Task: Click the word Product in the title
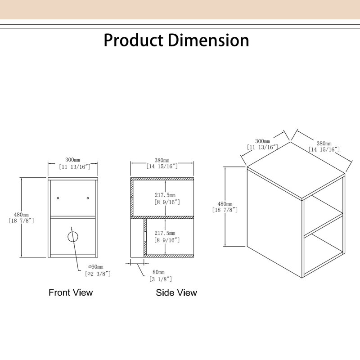click(x=133, y=40)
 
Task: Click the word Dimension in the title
click(x=209, y=40)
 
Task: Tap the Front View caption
click(x=71, y=292)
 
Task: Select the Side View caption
click(x=176, y=293)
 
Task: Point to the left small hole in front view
click(x=58, y=198)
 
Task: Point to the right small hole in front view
click(x=88, y=198)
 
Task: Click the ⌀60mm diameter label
click(x=96, y=267)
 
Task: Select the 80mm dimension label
click(x=159, y=272)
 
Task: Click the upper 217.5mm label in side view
click(x=165, y=195)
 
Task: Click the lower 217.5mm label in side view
click(x=165, y=233)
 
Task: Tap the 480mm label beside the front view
click(x=21, y=215)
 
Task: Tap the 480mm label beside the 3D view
click(x=225, y=204)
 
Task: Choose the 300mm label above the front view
click(x=72, y=160)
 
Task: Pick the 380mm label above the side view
click(x=162, y=160)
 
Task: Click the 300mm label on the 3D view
click(x=263, y=141)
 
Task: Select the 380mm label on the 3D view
click(x=324, y=144)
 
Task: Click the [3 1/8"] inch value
click(x=161, y=279)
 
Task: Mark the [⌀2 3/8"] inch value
click(x=98, y=274)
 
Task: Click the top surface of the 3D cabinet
click(x=296, y=170)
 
